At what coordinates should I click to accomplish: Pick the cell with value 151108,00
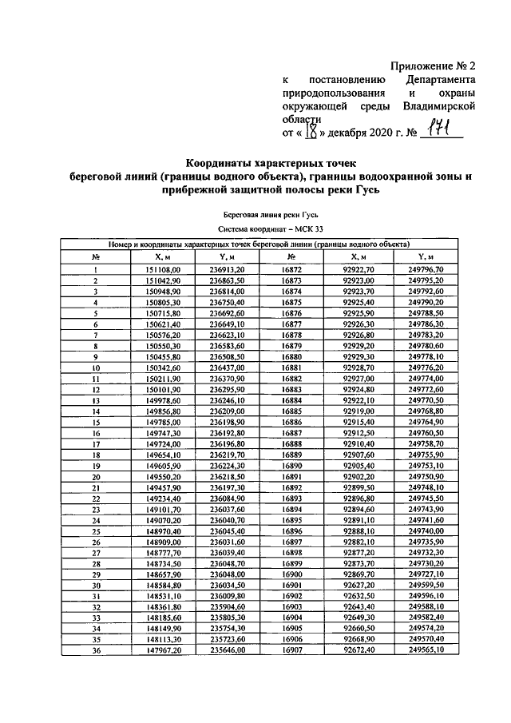164,271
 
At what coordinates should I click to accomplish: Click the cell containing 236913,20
227,271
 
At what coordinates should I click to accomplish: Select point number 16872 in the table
291,271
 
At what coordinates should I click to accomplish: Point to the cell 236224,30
227,465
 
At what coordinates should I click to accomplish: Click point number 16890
291,465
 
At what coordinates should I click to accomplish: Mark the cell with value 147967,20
164,650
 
